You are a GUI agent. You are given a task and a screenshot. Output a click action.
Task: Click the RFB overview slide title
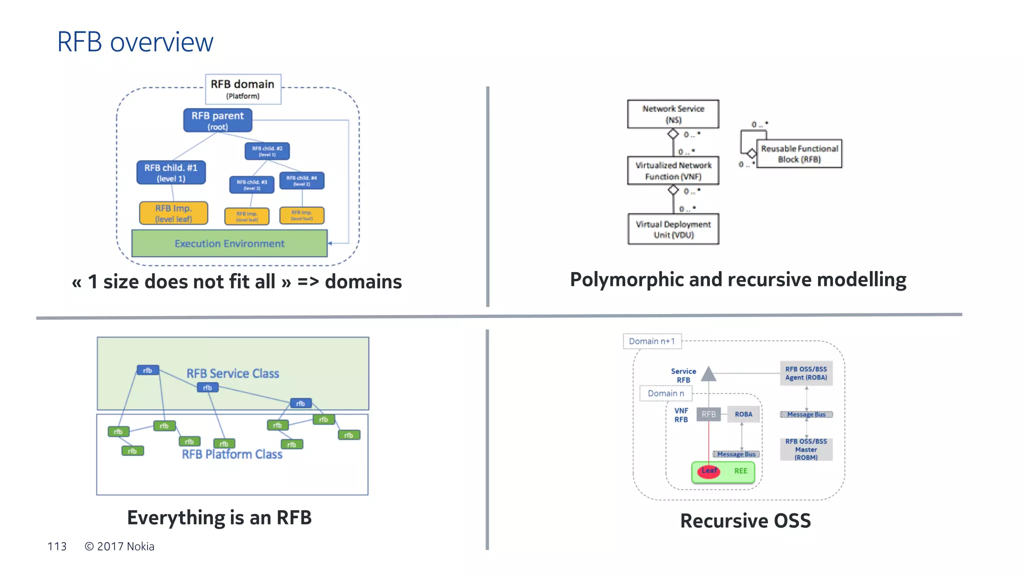135,42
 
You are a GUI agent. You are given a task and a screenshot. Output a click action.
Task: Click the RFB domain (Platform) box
243,89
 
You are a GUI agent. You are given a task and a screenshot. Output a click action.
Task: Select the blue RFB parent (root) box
217,120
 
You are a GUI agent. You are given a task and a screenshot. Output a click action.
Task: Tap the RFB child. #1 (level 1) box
171,172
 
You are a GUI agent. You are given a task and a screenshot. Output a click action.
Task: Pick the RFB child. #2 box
267,151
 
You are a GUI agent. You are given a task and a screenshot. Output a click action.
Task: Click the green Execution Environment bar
229,243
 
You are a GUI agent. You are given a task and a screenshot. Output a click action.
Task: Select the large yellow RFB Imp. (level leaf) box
173,213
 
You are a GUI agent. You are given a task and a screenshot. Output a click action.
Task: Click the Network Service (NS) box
673,114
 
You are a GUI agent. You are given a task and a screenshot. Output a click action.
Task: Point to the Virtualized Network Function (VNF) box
673,170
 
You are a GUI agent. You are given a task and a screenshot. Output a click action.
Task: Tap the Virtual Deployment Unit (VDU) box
673,229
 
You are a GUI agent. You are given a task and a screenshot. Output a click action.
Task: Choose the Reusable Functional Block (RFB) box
799,153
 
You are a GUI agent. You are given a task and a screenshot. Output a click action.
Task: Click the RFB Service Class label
232,373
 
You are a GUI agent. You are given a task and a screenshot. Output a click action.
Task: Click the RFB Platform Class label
232,454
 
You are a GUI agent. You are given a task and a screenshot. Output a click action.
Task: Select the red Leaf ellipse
708,471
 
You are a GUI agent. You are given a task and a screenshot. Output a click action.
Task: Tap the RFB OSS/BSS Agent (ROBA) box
806,373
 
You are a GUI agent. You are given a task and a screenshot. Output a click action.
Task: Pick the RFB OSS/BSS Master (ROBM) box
806,449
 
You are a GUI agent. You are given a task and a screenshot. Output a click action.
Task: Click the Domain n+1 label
652,341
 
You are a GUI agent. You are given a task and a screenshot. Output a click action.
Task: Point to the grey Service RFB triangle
708,374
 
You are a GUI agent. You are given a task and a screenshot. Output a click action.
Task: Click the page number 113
57,546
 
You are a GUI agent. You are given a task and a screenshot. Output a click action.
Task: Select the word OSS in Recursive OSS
792,521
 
